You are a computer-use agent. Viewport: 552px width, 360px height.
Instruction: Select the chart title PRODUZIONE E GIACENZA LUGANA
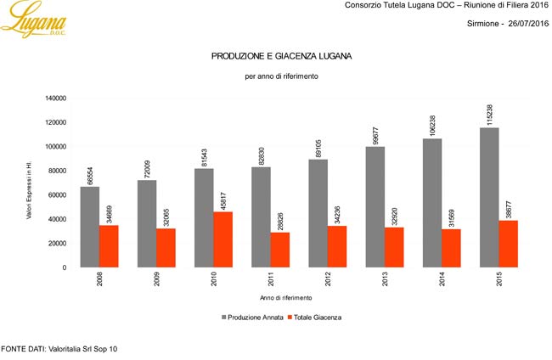point(281,56)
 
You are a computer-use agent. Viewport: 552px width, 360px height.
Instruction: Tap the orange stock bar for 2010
point(222,239)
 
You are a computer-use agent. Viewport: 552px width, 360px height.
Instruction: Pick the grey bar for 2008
point(90,227)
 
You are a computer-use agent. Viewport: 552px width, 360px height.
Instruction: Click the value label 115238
point(489,112)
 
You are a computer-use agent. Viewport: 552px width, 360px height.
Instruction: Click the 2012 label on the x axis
point(328,279)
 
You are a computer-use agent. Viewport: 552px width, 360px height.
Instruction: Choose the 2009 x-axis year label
point(157,279)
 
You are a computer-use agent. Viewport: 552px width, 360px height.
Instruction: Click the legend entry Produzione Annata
point(252,317)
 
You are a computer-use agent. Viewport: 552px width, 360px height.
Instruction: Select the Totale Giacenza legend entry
point(316,317)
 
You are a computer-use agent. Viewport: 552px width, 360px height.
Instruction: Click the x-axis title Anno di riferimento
point(285,298)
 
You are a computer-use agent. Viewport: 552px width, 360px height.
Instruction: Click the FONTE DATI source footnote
point(59,348)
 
